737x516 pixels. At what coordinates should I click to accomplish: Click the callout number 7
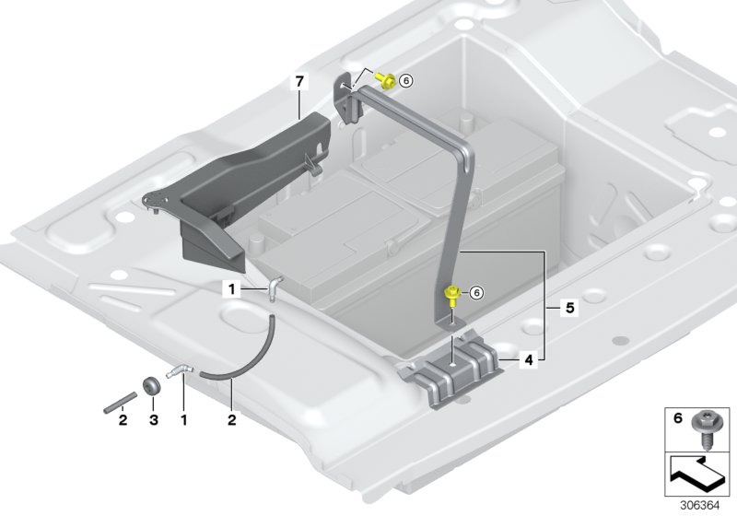pyautogui.click(x=298, y=83)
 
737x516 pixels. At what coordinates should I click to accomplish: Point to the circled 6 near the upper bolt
pyautogui.click(x=406, y=81)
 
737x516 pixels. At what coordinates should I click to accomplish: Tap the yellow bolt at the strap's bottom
pyautogui.click(x=453, y=295)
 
